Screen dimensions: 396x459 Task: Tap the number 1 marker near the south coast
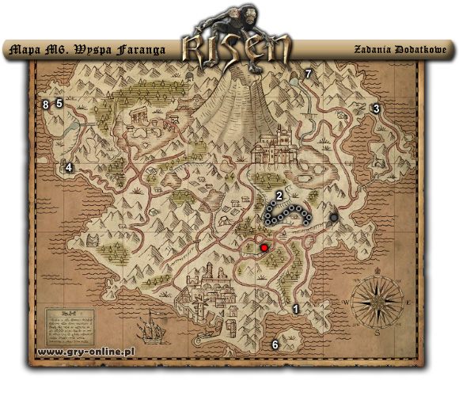(x=297, y=310)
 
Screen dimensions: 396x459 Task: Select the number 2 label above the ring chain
(x=279, y=195)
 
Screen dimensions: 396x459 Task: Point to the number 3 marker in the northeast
(x=377, y=109)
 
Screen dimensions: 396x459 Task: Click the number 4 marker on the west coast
(x=69, y=167)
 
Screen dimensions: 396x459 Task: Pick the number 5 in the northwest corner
(x=59, y=103)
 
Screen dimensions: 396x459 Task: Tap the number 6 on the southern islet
(x=275, y=344)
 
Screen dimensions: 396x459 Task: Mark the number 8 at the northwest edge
(x=46, y=104)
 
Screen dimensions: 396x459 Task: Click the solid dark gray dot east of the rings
(x=334, y=216)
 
